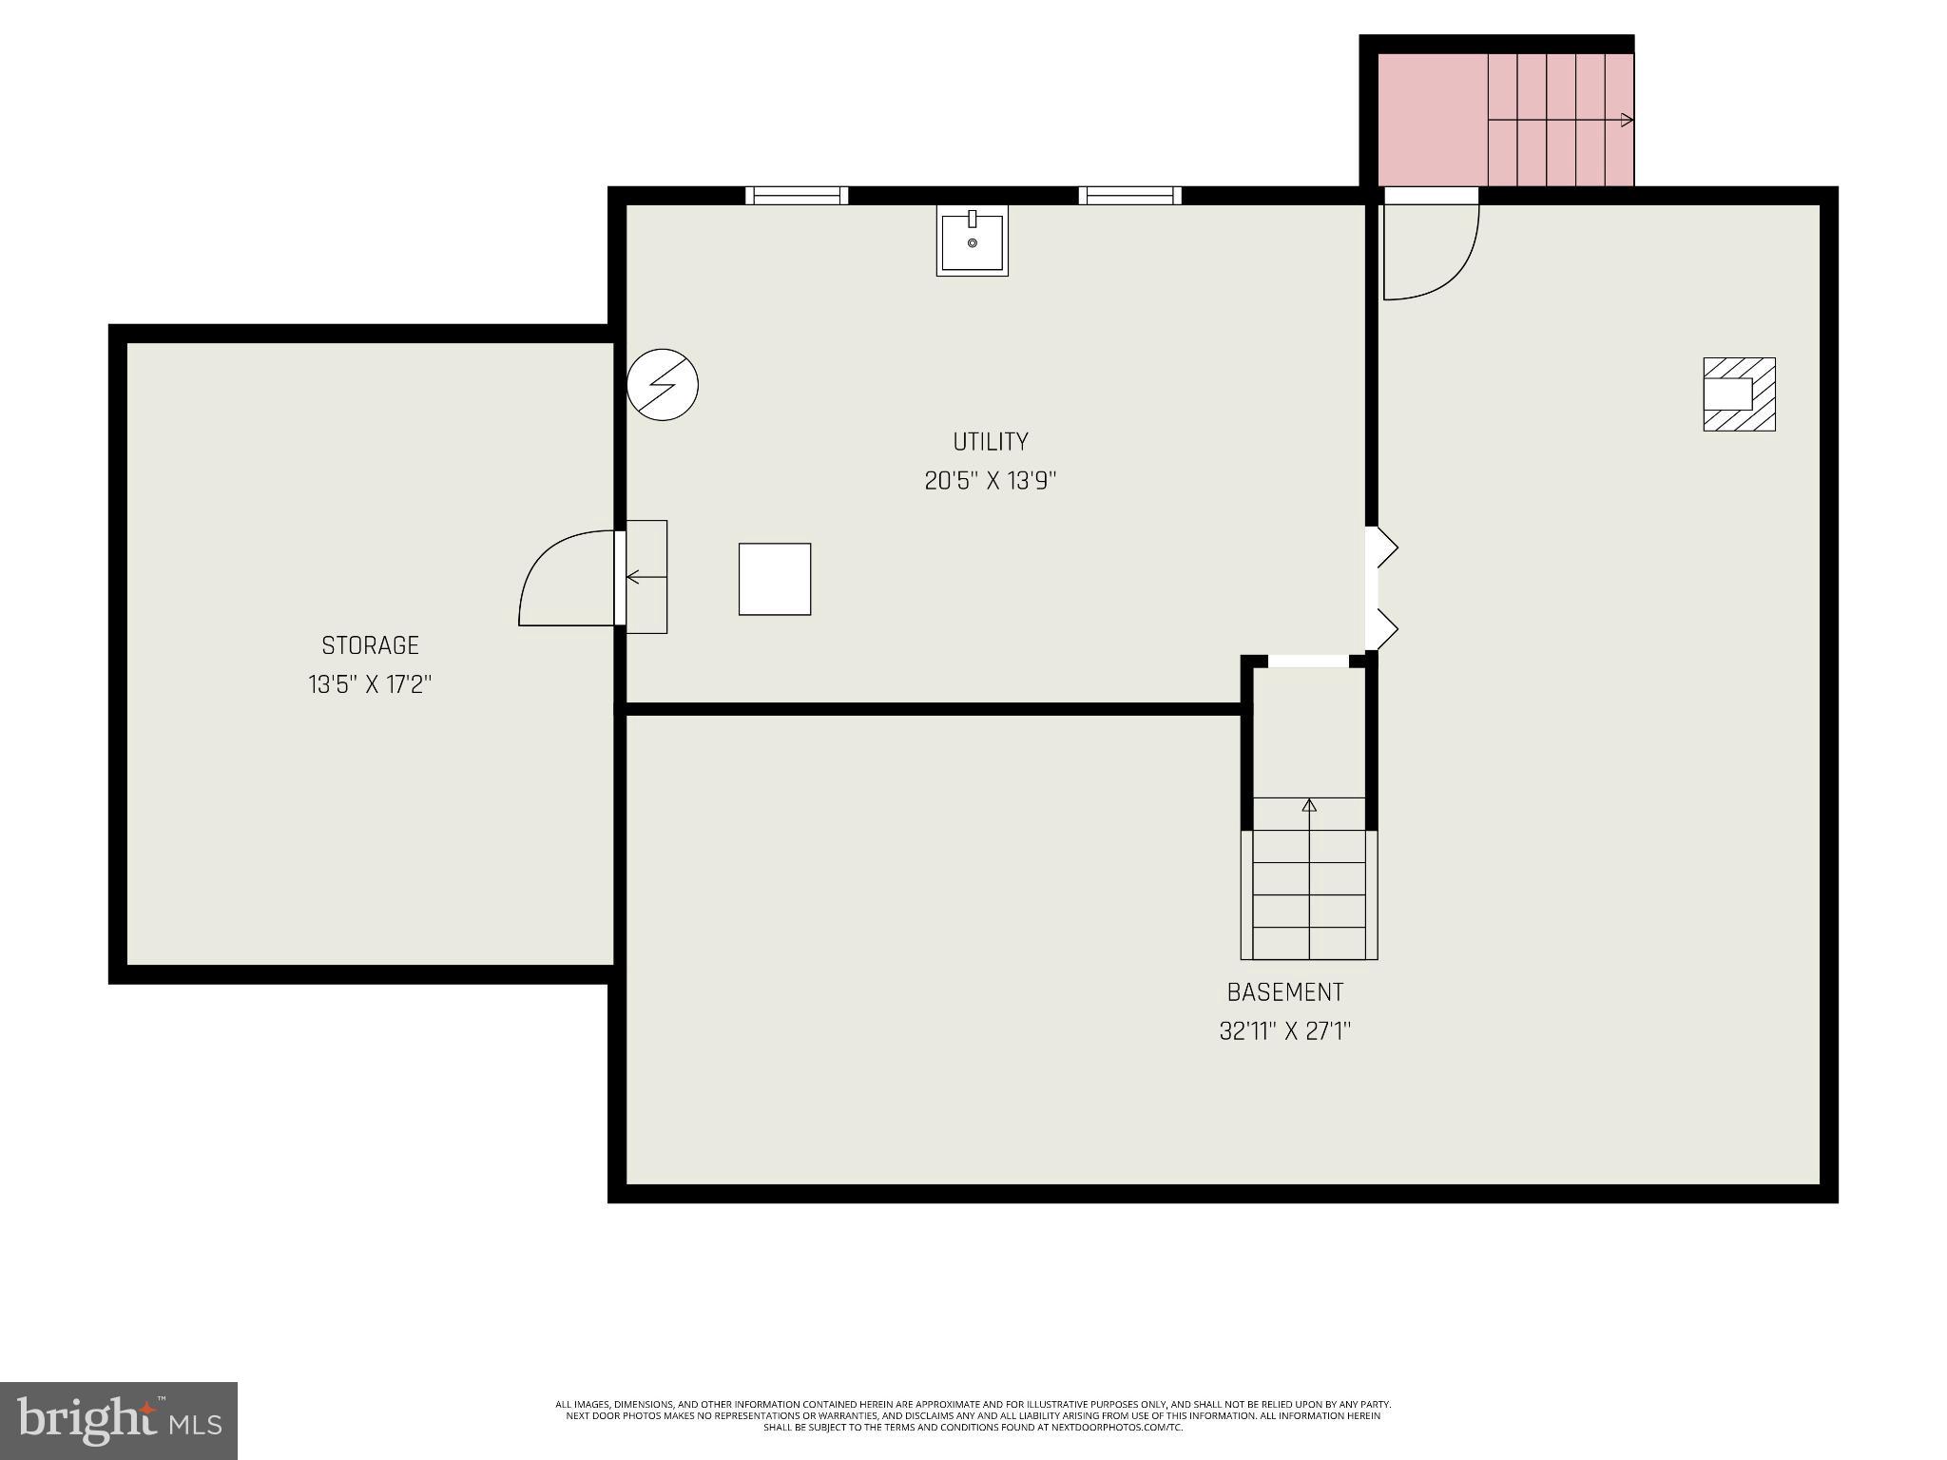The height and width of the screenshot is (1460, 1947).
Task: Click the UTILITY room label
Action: click(990, 441)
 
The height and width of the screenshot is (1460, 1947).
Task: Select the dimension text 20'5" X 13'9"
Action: click(990, 481)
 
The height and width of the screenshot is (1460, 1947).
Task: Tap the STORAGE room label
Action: click(370, 645)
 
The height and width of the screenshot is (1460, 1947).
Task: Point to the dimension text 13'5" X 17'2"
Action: click(370, 684)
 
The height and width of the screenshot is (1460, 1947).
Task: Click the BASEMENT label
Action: click(1285, 992)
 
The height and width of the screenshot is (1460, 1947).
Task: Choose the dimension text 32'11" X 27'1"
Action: click(1285, 1031)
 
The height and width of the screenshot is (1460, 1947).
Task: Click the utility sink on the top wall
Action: click(972, 241)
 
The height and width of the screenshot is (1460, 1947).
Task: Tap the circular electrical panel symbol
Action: click(663, 385)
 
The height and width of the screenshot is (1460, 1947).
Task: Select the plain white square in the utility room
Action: click(775, 579)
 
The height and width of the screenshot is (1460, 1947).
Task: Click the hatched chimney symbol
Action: click(1739, 394)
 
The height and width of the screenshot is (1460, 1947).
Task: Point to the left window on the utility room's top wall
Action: click(797, 195)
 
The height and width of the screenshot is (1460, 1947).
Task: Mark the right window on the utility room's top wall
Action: click(1129, 195)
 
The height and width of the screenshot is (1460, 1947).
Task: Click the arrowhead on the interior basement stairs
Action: click(1309, 806)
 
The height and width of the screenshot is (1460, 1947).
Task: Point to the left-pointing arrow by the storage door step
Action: click(634, 577)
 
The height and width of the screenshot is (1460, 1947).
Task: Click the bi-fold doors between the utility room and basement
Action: click(1383, 588)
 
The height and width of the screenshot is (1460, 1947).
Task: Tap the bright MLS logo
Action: click(119, 1420)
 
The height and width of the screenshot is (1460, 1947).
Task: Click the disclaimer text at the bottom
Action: click(973, 1415)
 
